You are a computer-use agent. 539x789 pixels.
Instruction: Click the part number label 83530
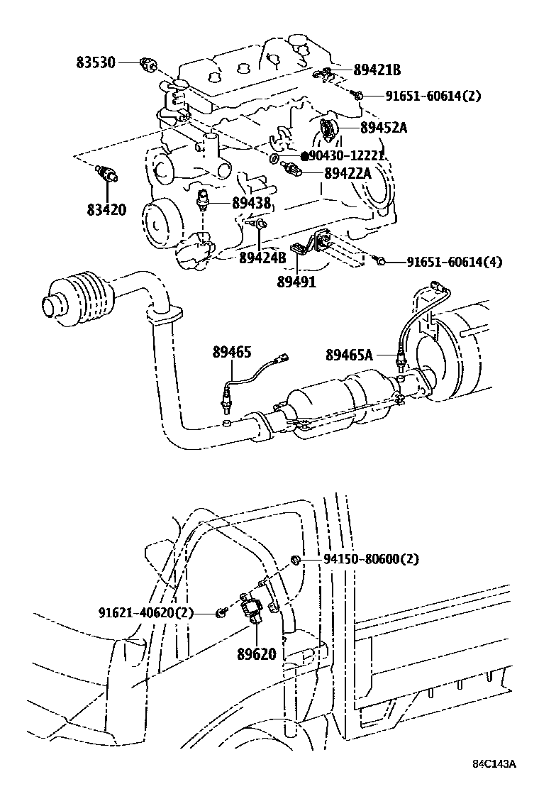coord(96,62)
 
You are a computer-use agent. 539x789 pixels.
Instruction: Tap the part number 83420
coord(106,210)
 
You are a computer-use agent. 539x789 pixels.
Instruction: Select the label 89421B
coord(377,70)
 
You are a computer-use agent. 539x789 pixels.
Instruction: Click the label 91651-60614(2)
coord(433,96)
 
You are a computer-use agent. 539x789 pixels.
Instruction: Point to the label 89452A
coord(384,128)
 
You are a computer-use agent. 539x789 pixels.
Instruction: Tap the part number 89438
coord(252,204)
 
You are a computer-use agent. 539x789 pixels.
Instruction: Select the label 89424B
coord(262,258)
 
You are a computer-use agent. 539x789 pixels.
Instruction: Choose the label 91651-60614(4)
coord(454,262)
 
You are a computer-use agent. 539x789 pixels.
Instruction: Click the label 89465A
coord(349,354)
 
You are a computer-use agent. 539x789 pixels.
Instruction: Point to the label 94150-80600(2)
coord(371,559)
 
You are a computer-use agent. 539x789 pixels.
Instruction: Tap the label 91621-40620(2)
coord(145,612)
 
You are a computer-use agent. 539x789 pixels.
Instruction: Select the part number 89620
coord(258,653)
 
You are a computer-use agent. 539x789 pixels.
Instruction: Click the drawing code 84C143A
coord(494,763)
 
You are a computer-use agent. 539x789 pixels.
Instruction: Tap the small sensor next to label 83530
coord(148,65)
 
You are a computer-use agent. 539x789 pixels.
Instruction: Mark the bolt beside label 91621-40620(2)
coord(222,611)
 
